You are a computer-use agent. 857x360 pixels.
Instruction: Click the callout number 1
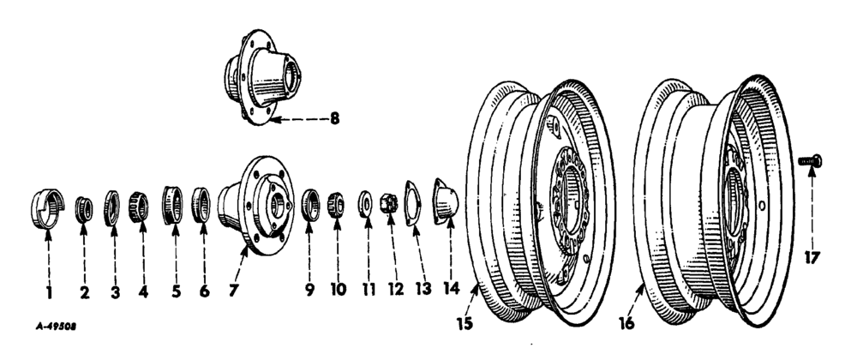(49, 292)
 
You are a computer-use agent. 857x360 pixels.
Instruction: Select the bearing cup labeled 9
(311, 207)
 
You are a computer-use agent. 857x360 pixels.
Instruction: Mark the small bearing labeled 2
(84, 208)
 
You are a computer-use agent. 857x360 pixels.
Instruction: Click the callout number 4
(143, 292)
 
